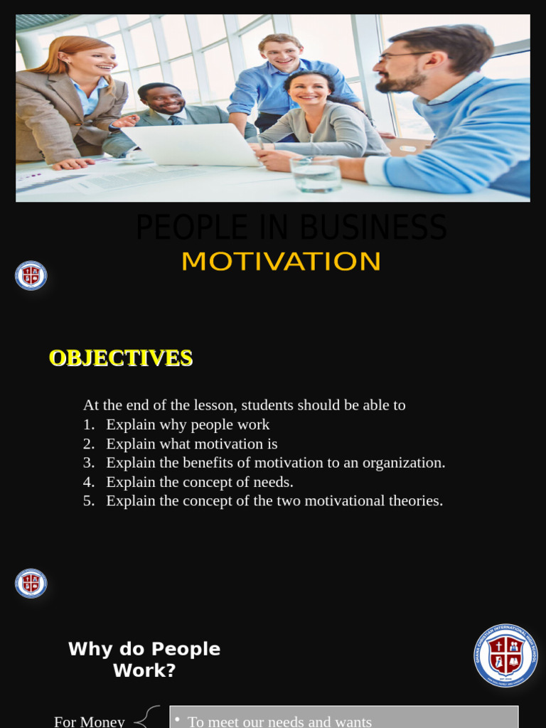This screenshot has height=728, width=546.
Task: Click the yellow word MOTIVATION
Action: pos(281,262)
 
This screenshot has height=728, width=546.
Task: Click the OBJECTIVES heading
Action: pos(121,358)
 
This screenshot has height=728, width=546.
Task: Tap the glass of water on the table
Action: pos(316,173)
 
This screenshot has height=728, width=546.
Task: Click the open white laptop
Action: pos(192,144)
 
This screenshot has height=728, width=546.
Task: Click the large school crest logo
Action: pos(505,655)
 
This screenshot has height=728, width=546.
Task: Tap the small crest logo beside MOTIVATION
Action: pos(31,276)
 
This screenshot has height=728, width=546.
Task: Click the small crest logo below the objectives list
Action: pos(31,584)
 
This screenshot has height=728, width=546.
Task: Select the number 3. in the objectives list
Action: pos(88,463)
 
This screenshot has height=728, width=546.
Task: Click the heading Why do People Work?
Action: pos(144,659)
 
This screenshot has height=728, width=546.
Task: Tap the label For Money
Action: pos(90,721)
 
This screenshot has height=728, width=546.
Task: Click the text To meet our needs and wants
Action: pos(279,721)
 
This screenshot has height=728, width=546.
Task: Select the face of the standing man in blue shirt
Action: pos(282,53)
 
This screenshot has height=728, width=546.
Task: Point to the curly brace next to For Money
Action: pos(147,717)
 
